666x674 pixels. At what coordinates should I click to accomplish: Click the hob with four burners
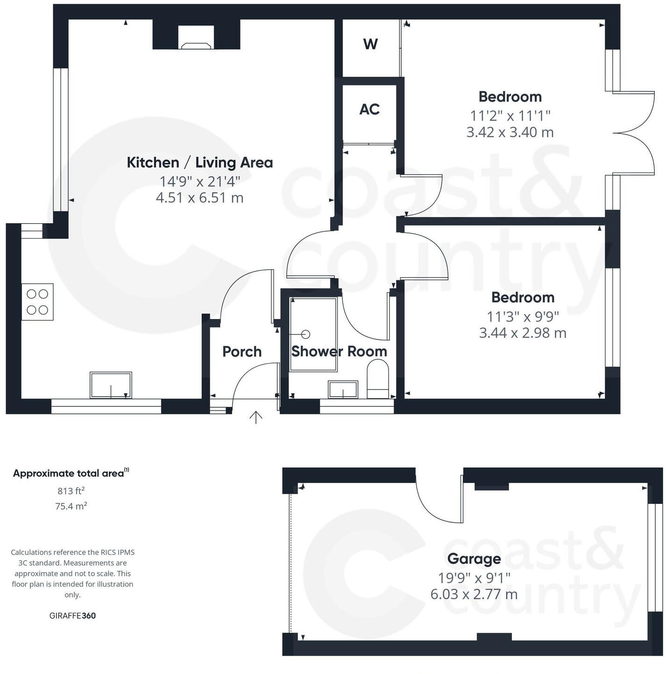coord(37,302)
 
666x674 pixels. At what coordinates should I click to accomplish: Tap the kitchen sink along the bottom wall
coord(111,385)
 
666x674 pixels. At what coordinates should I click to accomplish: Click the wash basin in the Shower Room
coord(343,389)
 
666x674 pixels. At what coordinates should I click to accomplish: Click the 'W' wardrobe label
coord(370,44)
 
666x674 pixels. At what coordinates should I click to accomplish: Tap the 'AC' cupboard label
coord(369,109)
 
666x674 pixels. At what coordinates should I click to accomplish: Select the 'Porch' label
coord(242,352)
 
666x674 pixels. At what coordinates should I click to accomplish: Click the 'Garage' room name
coord(474,559)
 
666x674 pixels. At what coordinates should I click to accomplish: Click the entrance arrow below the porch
coord(256,417)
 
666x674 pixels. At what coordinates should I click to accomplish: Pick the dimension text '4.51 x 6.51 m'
coord(199,198)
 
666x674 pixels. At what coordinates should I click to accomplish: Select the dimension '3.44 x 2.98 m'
coord(523,333)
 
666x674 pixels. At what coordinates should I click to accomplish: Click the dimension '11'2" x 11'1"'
coord(510,115)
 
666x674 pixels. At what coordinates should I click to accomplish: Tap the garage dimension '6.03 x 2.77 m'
coord(474,594)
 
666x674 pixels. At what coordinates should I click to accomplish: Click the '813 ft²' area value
coord(71,491)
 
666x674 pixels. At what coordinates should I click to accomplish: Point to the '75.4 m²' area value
coord(71,506)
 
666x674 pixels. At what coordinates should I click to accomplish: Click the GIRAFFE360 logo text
coord(72,616)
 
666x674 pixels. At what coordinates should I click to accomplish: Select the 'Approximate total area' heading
coord(69,473)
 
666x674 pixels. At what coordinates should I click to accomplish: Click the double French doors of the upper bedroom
coord(635,133)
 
